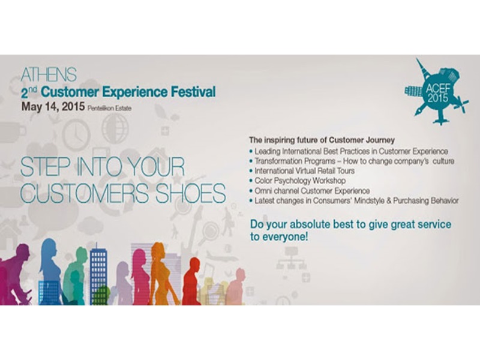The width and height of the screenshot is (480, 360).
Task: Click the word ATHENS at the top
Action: coord(49,74)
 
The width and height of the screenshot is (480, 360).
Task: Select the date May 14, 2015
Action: coord(53,107)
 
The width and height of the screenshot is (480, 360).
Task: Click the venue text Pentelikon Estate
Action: coord(109,109)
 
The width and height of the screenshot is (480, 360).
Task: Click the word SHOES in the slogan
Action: coord(191,193)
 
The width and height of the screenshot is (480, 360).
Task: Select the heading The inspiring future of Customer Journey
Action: coord(322,140)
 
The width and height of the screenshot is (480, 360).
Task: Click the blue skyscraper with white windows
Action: coord(98,274)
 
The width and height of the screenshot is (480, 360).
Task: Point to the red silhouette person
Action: coord(191,281)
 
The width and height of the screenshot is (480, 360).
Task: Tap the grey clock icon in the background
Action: coord(76,134)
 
